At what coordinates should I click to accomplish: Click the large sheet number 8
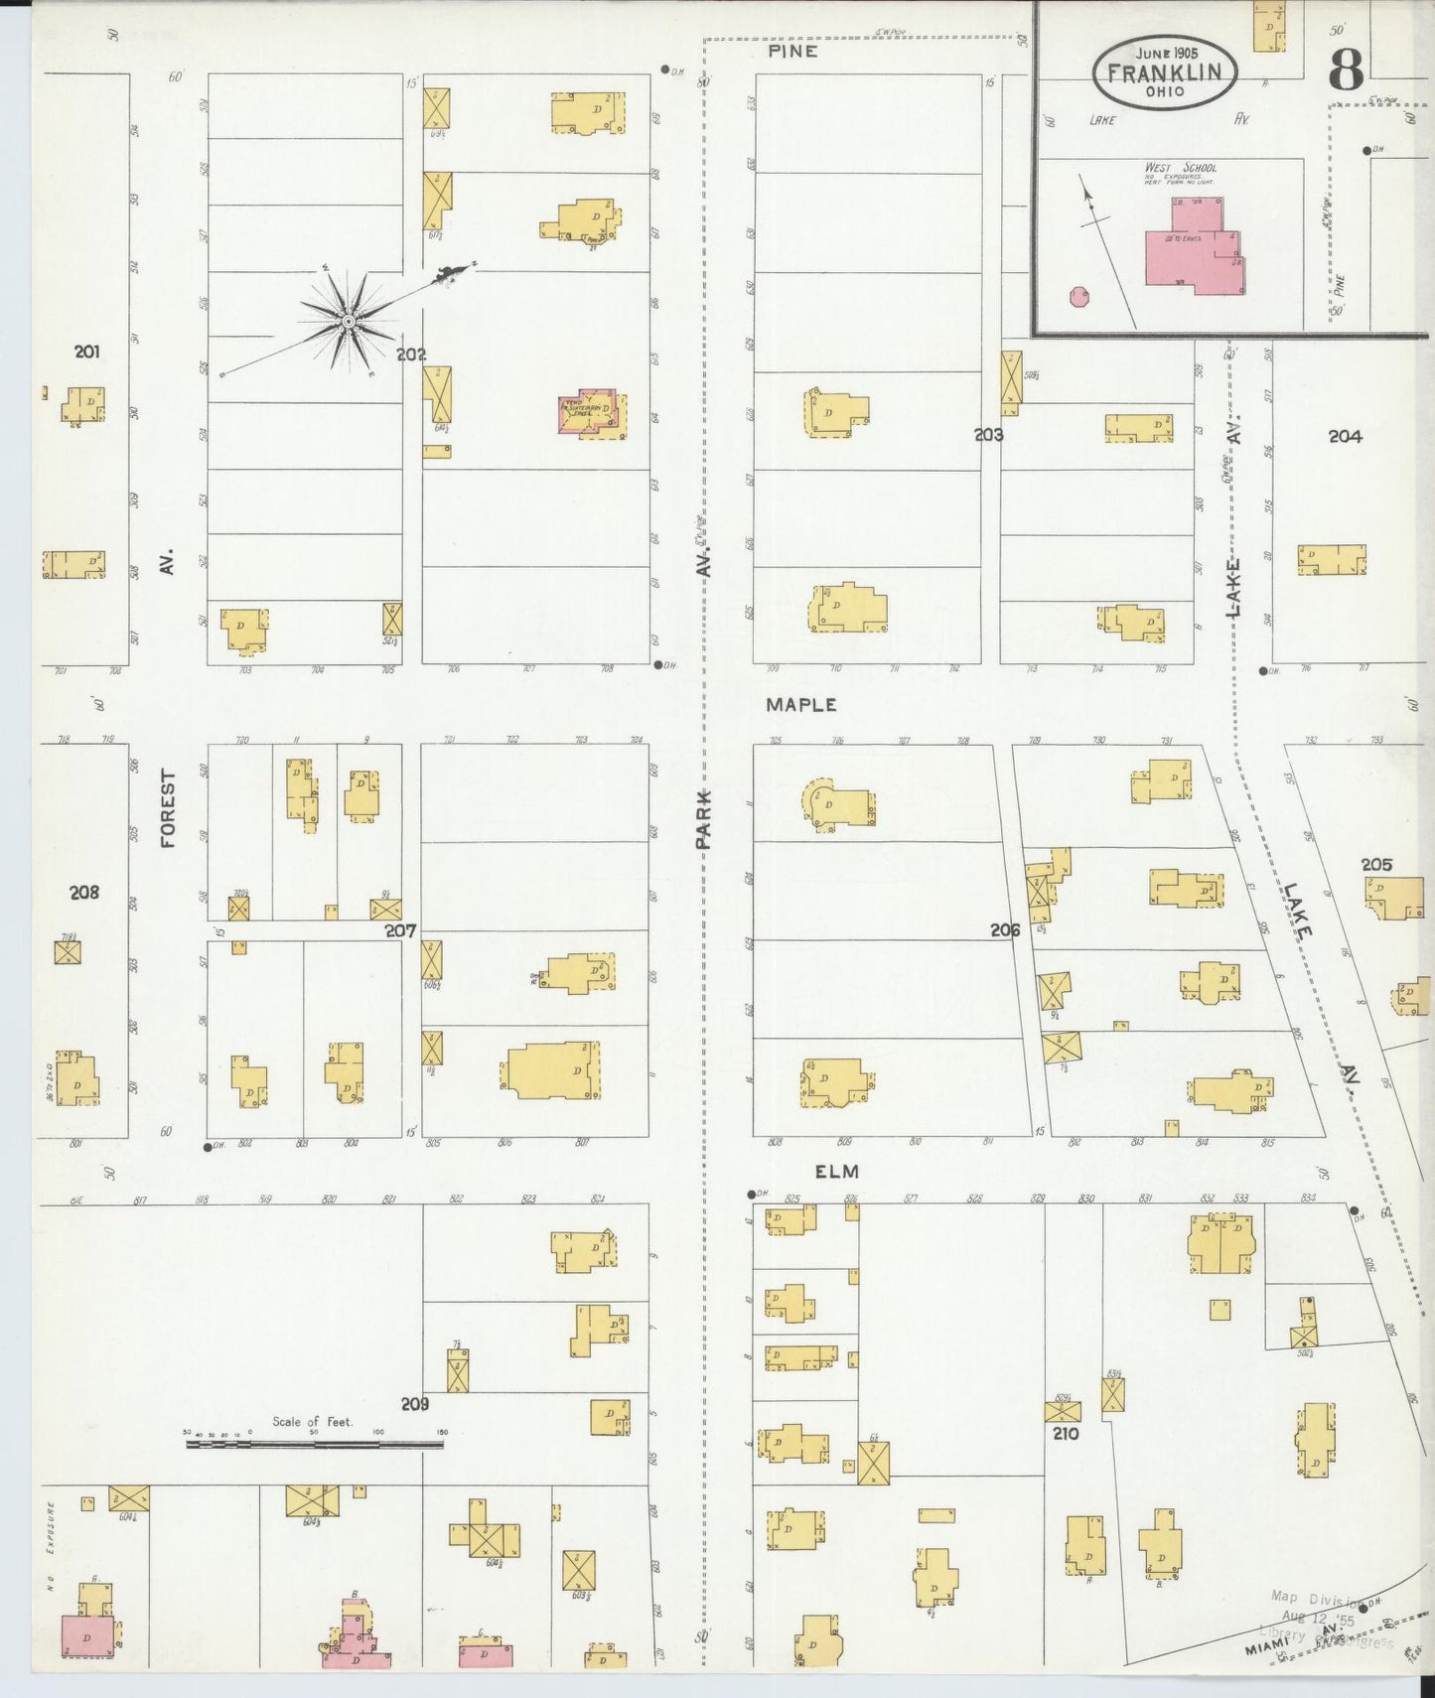click(x=1346, y=70)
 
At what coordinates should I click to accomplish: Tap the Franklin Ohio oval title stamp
click(x=1165, y=72)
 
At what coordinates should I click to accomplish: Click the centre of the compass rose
click(x=349, y=322)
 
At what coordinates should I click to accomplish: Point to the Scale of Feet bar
click(x=314, y=1443)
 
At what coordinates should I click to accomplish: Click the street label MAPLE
click(x=800, y=705)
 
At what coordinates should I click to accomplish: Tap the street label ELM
click(x=836, y=1172)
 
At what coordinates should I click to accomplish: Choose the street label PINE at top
click(x=792, y=51)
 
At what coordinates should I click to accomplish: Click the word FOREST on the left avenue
click(x=167, y=808)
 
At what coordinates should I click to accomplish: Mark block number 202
click(x=411, y=354)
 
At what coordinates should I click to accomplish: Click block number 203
click(x=988, y=434)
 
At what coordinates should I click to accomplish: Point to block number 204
click(x=1345, y=436)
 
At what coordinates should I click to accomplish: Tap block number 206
click(x=1005, y=929)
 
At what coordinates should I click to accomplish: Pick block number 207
click(x=400, y=930)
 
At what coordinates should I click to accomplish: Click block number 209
click(x=415, y=1404)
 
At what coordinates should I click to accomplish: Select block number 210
click(x=1067, y=1433)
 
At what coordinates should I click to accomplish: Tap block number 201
click(x=86, y=352)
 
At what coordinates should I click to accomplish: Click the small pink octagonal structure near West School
click(x=1078, y=296)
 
